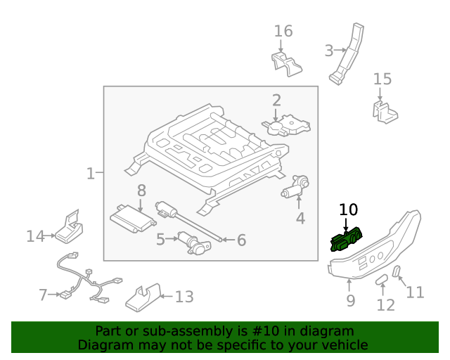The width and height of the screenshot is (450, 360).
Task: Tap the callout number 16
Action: click(283, 32)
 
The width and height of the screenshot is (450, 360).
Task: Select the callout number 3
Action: click(328, 51)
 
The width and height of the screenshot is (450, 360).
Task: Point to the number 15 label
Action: click(382, 79)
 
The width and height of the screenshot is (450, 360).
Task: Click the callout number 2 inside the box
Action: click(276, 101)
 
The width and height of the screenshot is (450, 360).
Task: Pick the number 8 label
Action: click(141, 190)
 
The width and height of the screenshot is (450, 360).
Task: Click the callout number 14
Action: click(35, 236)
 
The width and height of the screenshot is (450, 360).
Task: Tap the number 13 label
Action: click(184, 297)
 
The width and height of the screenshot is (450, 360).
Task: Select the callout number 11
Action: click(416, 292)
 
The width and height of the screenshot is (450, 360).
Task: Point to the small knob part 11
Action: click(396, 272)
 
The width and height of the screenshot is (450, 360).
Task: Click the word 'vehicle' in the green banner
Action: click(344, 345)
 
